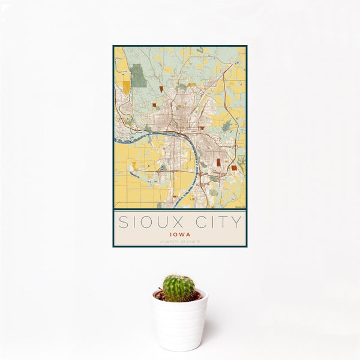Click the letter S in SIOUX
(124, 222)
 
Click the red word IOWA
(179, 234)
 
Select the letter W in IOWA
(181, 234)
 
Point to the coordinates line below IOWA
(179, 242)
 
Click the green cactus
(179, 288)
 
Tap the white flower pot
(179, 324)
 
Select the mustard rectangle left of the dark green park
(126, 87)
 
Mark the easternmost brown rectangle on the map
(233, 168)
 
